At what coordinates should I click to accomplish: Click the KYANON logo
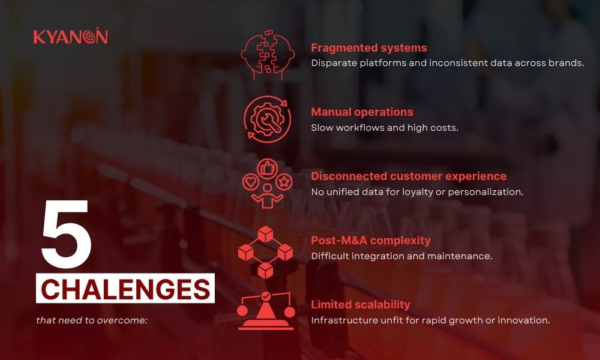point(71,36)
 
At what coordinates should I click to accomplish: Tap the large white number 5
point(66,233)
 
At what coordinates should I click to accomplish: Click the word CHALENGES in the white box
point(125,289)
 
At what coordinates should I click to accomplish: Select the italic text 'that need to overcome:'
point(92,320)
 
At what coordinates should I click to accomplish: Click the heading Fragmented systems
point(369,48)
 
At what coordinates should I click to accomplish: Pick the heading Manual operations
point(362,112)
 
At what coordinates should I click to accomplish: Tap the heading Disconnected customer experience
point(409,176)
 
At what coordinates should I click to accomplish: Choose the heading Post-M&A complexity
point(371,240)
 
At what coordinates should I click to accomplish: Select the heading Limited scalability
point(361,305)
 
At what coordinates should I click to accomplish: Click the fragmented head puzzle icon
point(268,55)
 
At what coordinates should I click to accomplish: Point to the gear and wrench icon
point(268,119)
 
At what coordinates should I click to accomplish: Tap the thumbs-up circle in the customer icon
point(267,169)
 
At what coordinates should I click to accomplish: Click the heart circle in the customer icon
point(251,182)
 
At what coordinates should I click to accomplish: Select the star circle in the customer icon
point(284,182)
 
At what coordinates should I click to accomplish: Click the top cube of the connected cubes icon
point(265,234)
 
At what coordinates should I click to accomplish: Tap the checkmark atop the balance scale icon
point(266,296)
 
